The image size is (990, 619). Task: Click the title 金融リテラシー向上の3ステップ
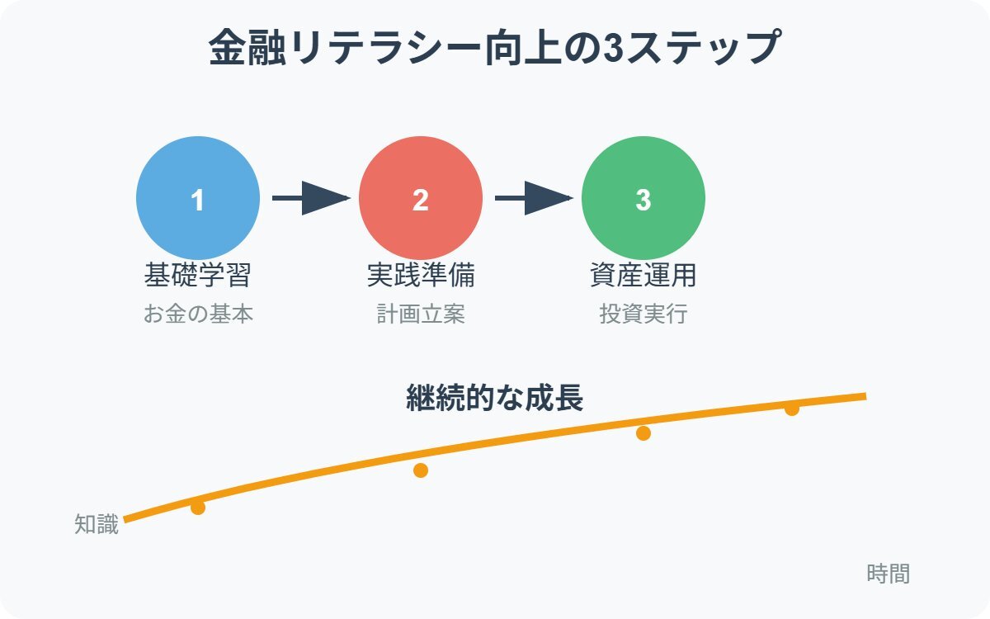495,47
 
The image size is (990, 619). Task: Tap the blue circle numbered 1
198,198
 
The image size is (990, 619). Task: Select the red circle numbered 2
421,198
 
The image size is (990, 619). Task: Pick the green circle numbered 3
643,198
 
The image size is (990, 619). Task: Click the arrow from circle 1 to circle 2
311,198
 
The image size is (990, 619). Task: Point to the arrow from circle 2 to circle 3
534,198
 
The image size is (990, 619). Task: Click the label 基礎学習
198,275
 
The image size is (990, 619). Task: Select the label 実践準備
421,275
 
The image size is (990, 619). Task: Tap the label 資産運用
643,275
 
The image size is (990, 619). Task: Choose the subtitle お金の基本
198,314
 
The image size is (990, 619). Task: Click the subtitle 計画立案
421,314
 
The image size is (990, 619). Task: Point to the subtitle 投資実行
643,314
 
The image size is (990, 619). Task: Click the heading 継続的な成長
495,398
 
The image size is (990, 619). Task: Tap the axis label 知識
97,524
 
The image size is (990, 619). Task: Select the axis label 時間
889,574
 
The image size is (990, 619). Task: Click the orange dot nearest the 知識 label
198,508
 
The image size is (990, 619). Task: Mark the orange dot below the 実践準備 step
421,470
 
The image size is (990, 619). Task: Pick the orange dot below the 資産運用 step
643,433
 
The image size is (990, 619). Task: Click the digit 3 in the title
614,47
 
